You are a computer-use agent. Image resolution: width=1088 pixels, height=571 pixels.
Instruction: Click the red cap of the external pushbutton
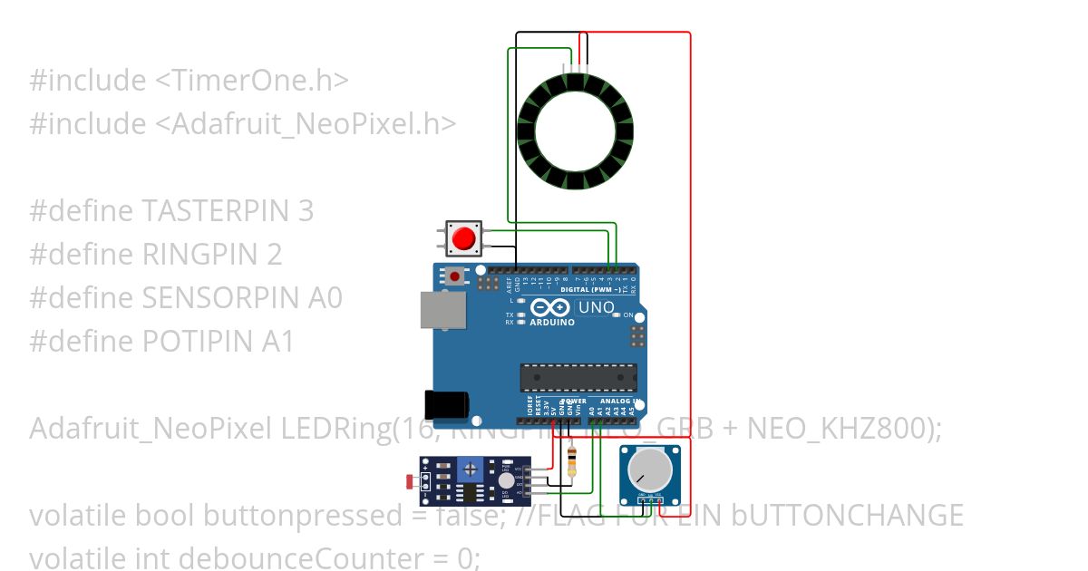pos(464,238)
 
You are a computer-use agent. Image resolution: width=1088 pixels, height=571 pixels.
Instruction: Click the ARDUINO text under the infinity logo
pos(552,322)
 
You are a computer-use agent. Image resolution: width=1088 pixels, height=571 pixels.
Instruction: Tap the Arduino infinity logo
pos(551,307)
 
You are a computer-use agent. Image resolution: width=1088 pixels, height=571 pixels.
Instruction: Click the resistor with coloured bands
pos(571,462)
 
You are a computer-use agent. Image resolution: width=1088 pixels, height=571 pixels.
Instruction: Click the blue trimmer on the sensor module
pos(470,469)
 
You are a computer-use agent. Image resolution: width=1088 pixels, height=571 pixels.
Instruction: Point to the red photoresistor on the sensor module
pos(411,479)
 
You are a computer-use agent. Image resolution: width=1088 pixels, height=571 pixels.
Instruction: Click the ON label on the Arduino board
pos(627,315)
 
